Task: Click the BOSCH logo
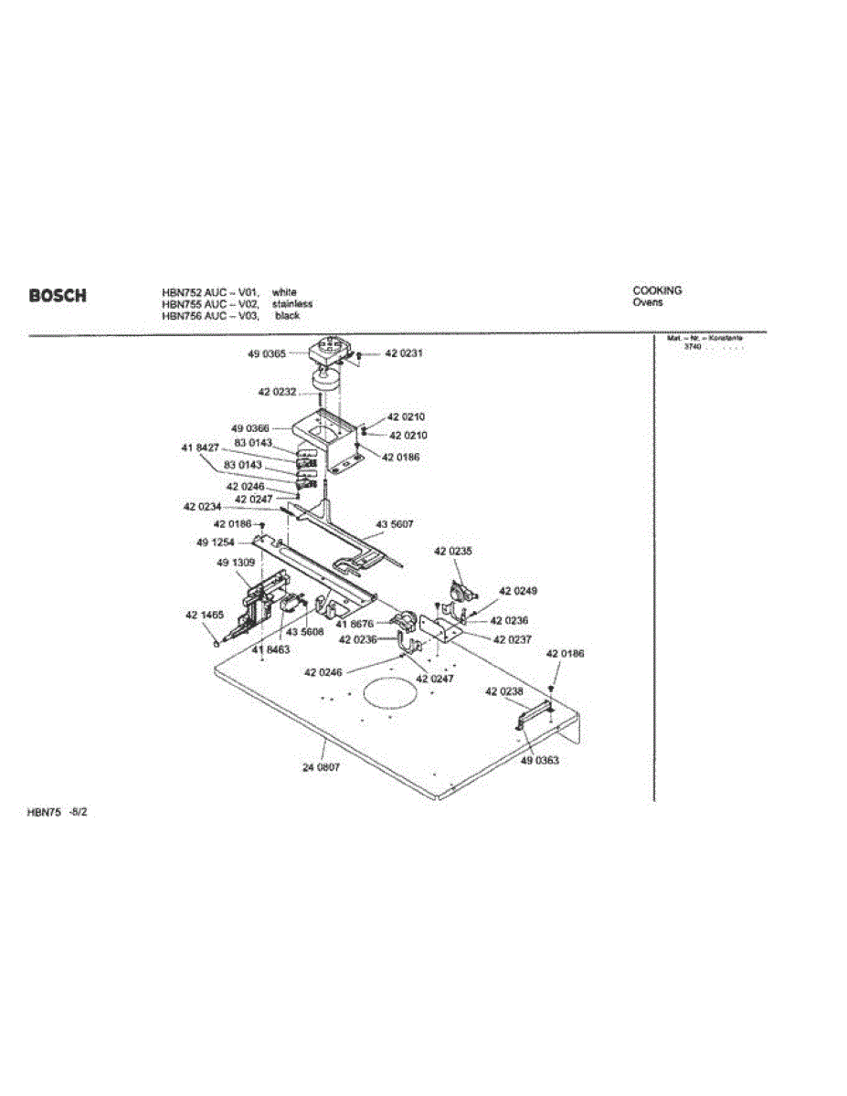[x=58, y=296]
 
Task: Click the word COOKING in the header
[x=657, y=291]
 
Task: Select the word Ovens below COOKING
[x=648, y=302]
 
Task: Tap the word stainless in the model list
[x=292, y=304]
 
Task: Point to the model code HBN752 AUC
[x=194, y=292]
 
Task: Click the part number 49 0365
[x=266, y=353]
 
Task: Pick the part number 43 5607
[x=395, y=524]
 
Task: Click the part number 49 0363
[x=540, y=760]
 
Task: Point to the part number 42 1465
[x=205, y=616]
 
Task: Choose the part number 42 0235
[x=453, y=552]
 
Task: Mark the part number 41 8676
[x=355, y=624]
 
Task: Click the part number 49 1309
[x=236, y=564]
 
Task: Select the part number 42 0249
[x=518, y=591]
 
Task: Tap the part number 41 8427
[x=200, y=448]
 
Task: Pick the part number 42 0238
[x=504, y=691]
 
